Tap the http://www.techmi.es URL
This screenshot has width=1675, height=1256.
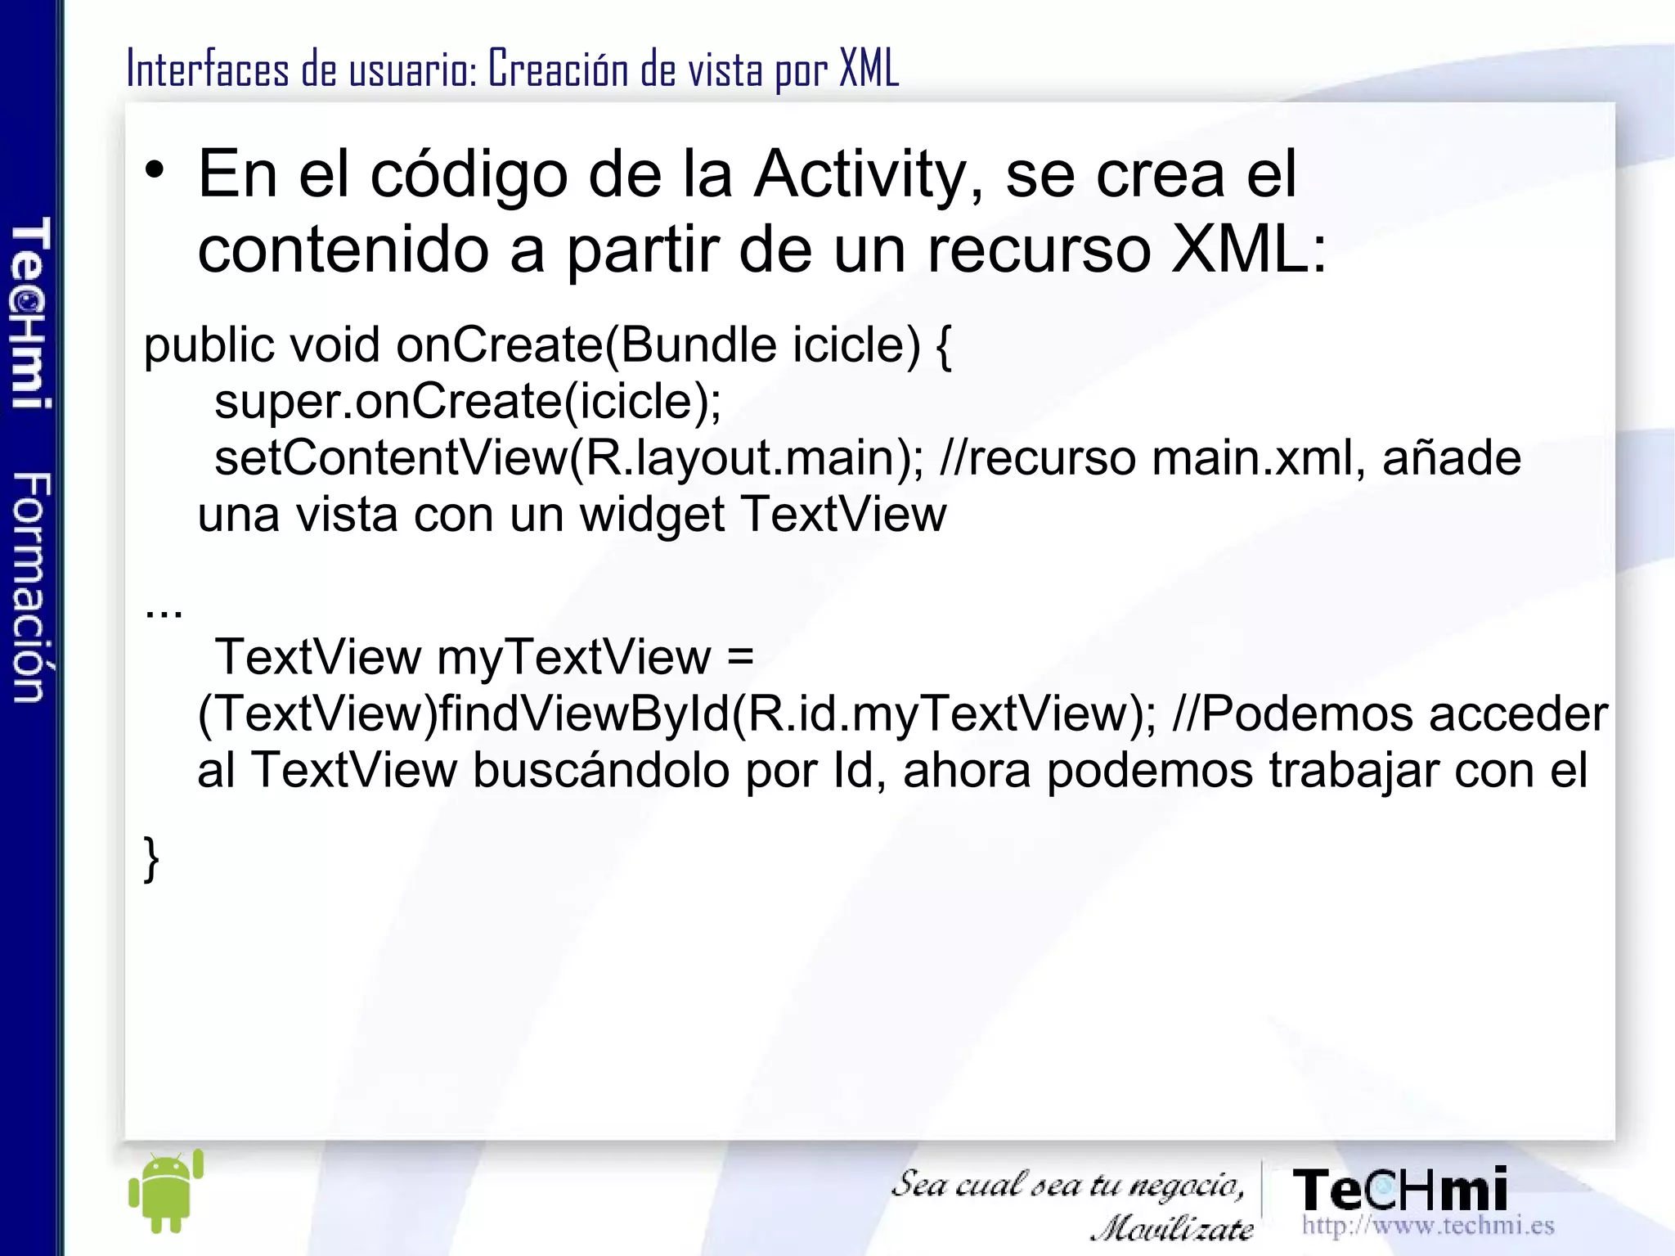point(1427,1225)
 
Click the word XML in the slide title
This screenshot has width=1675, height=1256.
point(869,69)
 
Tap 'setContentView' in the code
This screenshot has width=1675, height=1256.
point(390,457)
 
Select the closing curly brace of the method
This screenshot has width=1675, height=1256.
point(151,858)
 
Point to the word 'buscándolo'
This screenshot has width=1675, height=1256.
point(601,771)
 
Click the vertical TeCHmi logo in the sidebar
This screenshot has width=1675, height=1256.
point(31,313)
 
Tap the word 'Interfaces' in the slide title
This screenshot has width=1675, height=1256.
point(208,69)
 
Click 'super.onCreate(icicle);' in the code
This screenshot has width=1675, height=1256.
point(468,401)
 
